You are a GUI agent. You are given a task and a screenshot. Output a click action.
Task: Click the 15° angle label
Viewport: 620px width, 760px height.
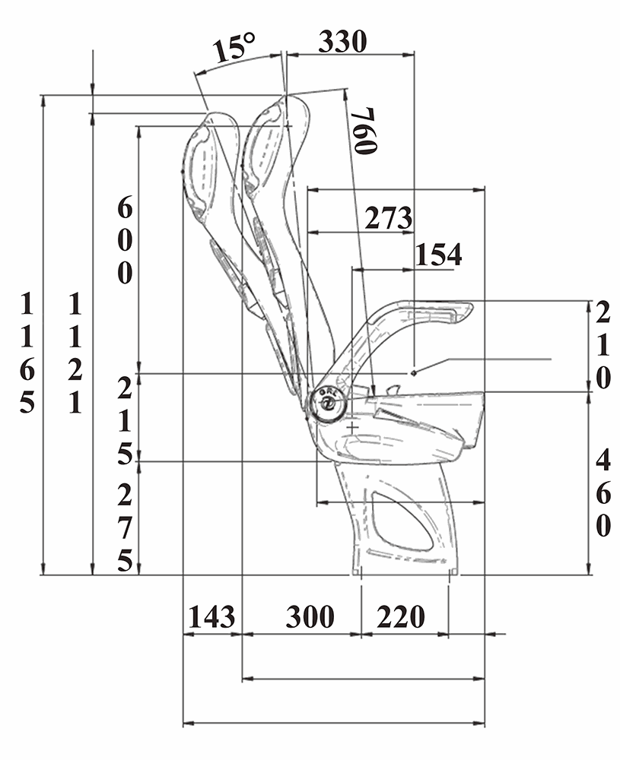tap(234, 48)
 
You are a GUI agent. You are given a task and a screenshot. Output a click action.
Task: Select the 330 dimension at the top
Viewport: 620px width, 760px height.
tap(342, 42)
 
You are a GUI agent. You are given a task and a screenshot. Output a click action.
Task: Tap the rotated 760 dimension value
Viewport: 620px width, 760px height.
tap(365, 131)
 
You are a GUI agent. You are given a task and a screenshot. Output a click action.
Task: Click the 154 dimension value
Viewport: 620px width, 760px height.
tap(438, 255)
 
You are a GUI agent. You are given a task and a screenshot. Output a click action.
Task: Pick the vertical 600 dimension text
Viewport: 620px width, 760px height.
tap(125, 241)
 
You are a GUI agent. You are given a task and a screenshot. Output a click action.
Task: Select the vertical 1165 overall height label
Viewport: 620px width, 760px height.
tap(27, 353)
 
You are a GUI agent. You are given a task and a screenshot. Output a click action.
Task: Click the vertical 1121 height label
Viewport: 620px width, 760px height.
tap(75, 353)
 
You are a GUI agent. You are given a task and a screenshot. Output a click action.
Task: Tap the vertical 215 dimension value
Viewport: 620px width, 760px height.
tap(125, 421)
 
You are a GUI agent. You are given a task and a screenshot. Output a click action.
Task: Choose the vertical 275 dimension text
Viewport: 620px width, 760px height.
tap(125, 528)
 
